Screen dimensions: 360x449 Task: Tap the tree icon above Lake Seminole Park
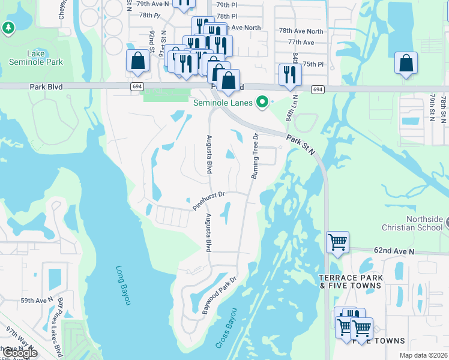tap(7, 28)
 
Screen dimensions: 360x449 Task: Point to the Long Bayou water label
tap(123, 286)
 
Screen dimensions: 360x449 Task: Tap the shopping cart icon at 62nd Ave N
tap(337, 242)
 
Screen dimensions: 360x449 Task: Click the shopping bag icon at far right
tap(406, 62)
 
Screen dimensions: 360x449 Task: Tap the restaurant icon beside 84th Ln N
tap(291, 74)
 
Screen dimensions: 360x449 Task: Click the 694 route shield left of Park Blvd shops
tap(137, 87)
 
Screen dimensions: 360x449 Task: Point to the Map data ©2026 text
tap(423, 355)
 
